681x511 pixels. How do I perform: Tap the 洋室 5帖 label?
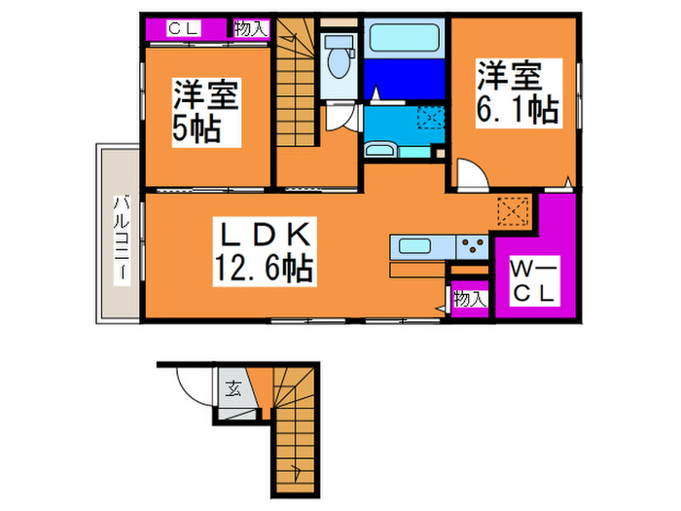coord(205,112)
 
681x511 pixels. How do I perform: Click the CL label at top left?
coord(184,29)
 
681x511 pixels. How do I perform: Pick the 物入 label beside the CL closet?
coord(251,29)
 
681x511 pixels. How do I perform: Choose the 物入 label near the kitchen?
coord(470,299)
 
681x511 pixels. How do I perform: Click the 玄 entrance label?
coord(234,391)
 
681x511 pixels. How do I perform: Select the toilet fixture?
coord(340,58)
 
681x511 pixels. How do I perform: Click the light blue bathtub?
coord(405,41)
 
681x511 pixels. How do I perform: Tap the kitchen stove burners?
coord(474,245)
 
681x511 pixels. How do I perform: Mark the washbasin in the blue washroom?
coord(379,150)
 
